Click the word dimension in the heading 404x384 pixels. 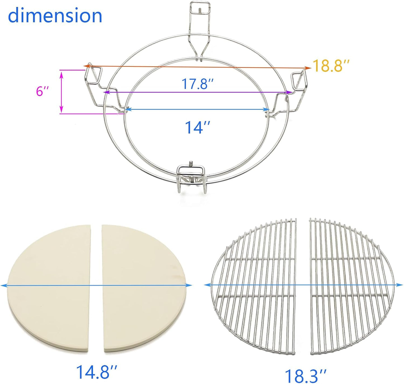(55, 16)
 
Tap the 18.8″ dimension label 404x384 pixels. (331, 66)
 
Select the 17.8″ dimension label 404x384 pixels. (198, 84)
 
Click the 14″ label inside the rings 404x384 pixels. (197, 127)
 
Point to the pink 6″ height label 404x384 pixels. (42, 91)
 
